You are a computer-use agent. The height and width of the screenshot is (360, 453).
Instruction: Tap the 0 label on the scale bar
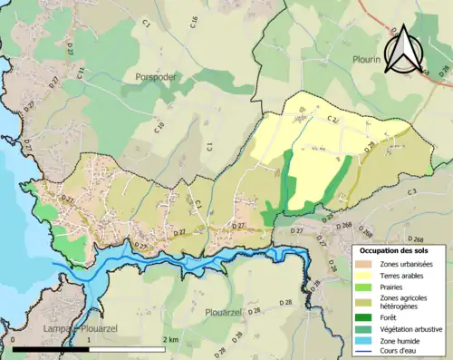[x=14, y=339]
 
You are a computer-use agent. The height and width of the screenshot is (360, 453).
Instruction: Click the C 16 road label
[x=195, y=22]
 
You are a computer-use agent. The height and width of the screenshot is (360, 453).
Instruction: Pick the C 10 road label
[x=159, y=129]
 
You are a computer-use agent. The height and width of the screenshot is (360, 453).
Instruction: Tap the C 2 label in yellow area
[x=333, y=119]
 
